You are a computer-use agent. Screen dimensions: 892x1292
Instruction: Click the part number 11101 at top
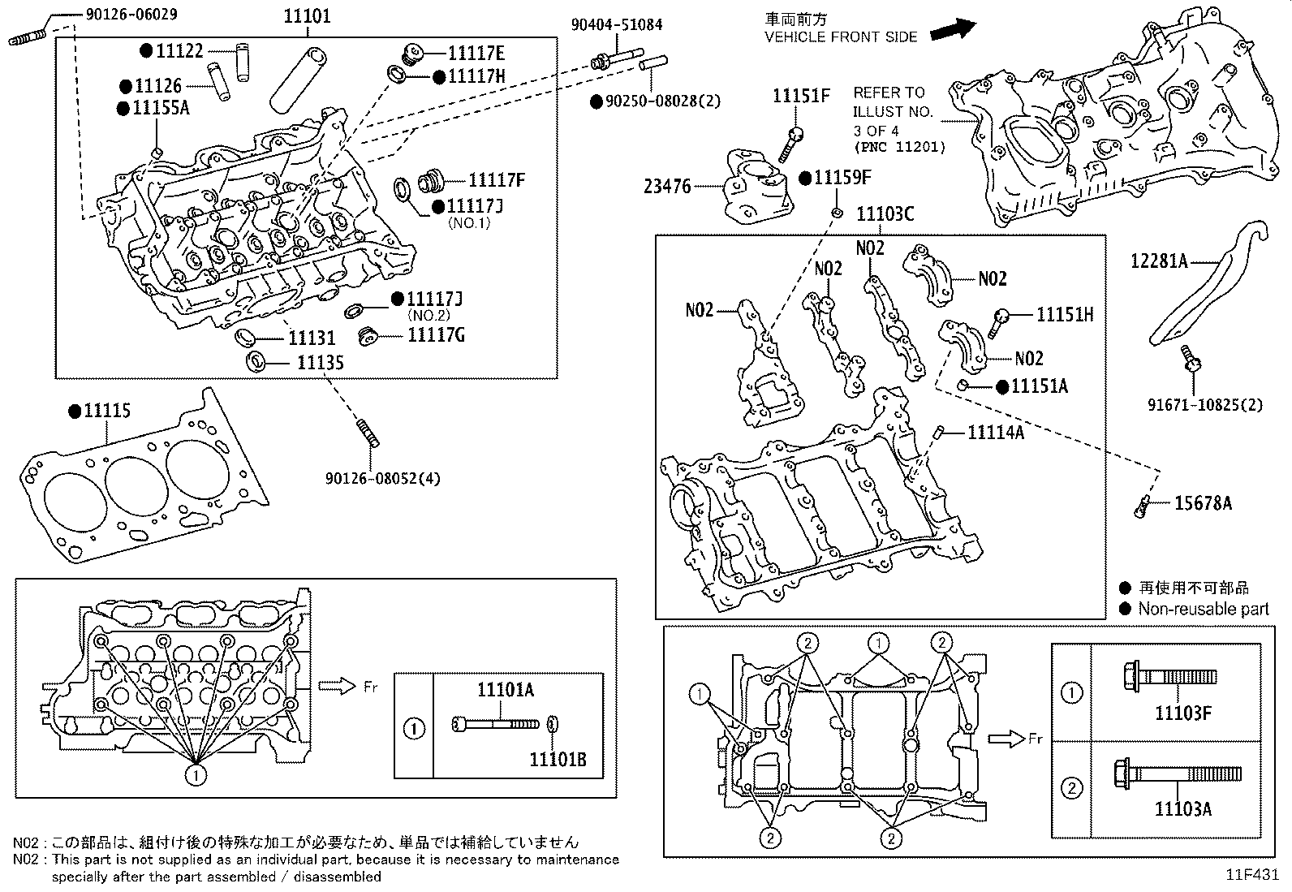pos(307,16)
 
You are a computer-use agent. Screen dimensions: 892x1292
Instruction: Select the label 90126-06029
pos(131,14)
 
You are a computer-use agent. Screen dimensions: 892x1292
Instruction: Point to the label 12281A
pos(1159,261)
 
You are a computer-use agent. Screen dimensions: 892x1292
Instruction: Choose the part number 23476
pos(667,187)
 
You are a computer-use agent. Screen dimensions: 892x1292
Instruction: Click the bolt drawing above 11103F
pos(1169,676)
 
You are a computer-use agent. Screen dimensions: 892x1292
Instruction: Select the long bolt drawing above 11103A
pos(1177,773)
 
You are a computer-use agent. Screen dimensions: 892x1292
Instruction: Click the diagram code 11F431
pos(1252,875)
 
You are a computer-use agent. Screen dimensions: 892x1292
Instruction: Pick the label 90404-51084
pos(616,24)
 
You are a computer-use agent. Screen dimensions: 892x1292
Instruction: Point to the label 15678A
pos(1203,503)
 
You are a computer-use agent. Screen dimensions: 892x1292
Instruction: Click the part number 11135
pos(320,363)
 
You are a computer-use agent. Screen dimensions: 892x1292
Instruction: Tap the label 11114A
pos(995,433)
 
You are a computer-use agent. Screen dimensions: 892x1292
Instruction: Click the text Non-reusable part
pos(1203,609)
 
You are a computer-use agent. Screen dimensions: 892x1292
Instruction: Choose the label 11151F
pos(801,96)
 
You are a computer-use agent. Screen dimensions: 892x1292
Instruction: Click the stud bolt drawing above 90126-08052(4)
pos(368,432)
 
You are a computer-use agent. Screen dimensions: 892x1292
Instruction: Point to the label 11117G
pos(436,334)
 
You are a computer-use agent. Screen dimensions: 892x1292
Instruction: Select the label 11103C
pos(885,213)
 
